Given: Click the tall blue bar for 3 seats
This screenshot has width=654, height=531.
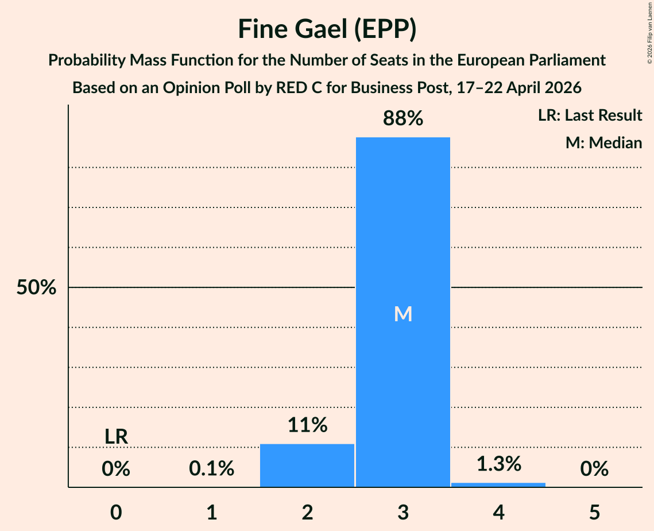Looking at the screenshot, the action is pos(403,312).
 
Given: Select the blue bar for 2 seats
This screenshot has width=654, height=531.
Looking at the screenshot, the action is pos(307,465).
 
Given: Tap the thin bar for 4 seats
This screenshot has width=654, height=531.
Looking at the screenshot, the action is pos(498,484).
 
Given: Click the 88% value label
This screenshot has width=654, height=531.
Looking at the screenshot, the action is pos(403,118).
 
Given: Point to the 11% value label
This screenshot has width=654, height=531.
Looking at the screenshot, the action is pos(307,425).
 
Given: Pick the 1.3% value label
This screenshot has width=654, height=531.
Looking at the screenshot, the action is pos(499,464).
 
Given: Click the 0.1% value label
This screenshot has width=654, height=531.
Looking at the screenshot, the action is pos(212,468).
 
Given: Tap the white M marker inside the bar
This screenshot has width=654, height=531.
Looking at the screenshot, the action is pos(403,314).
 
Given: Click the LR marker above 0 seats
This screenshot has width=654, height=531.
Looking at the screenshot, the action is pos(116,437).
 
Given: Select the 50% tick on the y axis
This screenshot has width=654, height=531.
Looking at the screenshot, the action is pos(36,287).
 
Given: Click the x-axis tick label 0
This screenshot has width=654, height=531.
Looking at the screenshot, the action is pos(116,512).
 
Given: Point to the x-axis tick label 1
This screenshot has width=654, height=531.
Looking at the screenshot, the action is pos(212,512).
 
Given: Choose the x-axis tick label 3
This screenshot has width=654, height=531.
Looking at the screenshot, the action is pos(403,512).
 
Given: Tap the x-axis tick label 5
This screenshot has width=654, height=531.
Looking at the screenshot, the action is pos(594,512).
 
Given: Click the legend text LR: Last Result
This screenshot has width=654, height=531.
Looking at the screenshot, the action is pos(590,115).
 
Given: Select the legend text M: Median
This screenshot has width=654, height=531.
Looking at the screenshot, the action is pos(603,143).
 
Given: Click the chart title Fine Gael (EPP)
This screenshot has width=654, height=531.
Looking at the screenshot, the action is pos(327,29).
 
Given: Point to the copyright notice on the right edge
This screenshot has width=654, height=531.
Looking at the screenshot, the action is pos(649,33).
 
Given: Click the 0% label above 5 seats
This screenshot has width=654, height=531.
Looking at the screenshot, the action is pos(594,468).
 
